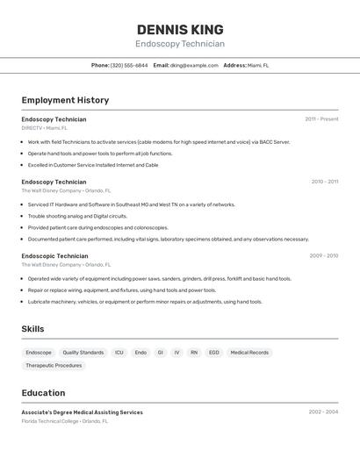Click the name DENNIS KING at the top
(180, 30)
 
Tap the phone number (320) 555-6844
(129, 65)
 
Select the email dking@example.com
(194, 65)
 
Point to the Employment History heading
(65, 100)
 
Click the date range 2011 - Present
(321, 119)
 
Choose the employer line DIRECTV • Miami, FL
(44, 128)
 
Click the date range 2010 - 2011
(324, 182)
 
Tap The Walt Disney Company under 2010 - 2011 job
(51, 190)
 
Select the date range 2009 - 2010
(323, 256)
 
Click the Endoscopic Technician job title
(54, 256)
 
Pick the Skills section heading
(32, 329)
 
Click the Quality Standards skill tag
(83, 353)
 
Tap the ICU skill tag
(119, 353)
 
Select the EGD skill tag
(213, 353)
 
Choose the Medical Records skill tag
(249, 353)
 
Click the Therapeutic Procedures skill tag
(54, 366)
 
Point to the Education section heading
(43, 392)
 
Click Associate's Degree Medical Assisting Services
(82, 412)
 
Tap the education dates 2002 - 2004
(323, 412)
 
